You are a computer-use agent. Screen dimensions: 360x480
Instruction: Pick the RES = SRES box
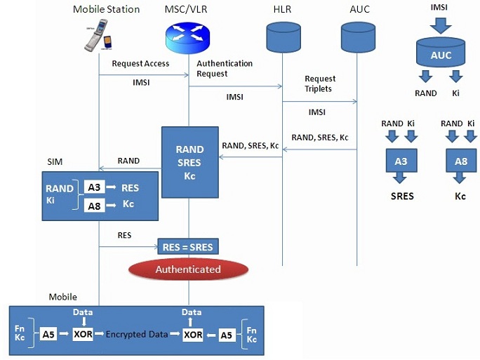click(188, 246)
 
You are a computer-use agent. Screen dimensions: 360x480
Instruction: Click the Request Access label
click(140, 64)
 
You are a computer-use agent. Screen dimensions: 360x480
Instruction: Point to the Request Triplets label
click(320, 84)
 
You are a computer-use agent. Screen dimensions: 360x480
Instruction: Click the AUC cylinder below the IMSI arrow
click(441, 55)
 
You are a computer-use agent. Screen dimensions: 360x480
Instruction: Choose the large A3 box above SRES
click(401, 162)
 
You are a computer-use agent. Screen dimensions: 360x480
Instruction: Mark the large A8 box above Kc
click(460, 162)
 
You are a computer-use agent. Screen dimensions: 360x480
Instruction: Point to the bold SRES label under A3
click(402, 196)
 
